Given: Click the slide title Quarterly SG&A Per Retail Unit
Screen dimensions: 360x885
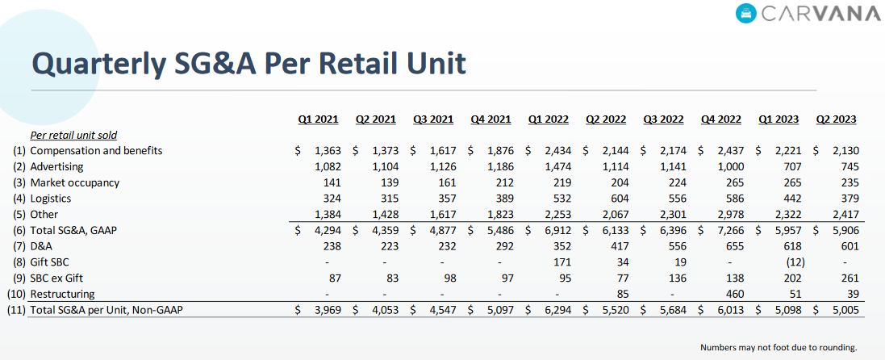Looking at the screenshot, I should pos(248,62).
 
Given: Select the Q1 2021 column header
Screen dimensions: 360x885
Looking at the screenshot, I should pos(318,119).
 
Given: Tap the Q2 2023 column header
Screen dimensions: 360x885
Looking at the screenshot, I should pos(836,119).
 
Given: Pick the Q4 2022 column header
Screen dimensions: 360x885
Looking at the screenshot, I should pos(720,119).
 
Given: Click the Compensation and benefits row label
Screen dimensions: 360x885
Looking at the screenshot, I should pos(96,151).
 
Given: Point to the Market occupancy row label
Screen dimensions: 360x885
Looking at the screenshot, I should pos(74,182).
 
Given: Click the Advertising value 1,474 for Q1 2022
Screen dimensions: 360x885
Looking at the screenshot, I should pos(553,166).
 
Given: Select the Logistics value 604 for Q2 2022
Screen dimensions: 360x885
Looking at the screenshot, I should pos(616,199).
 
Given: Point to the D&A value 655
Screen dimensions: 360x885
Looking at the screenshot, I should pos(732,246).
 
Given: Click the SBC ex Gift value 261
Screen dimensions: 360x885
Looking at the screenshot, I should pos(847,278).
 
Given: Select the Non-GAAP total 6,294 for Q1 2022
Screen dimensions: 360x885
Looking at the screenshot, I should pos(553,310).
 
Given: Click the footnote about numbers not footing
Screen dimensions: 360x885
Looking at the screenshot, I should pos(779,348).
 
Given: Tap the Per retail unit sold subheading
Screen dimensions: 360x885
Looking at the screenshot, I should pos(74,135).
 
